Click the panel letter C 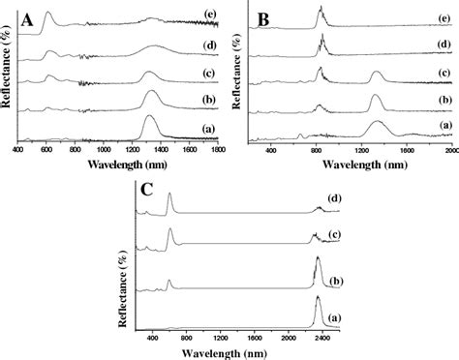[145, 189]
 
